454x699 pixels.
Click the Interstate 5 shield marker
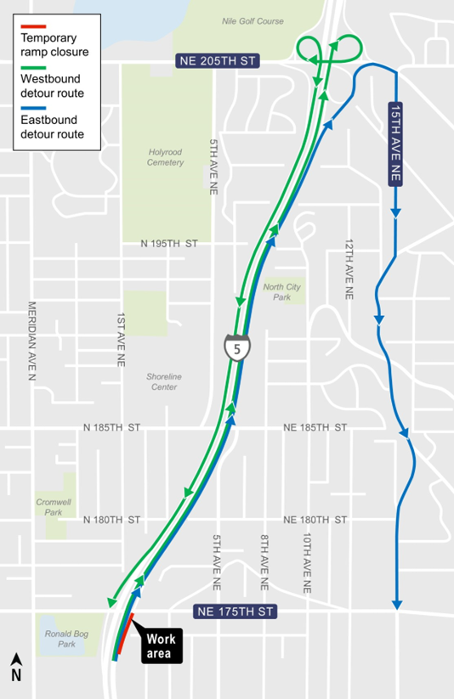pyautogui.click(x=233, y=348)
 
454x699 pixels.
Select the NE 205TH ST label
pyautogui.click(x=216, y=61)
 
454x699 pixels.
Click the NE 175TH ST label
pyautogui.click(x=236, y=611)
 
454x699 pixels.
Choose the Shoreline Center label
pyautogui.click(x=163, y=381)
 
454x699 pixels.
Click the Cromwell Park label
pyautogui.click(x=53, y=507)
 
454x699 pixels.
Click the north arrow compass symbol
pyautogui.click(x=16, y=668)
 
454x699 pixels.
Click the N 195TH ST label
pyautogui.click(x=169, y=244)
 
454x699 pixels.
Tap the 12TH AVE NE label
pyautogui.click(x=349, y=268)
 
